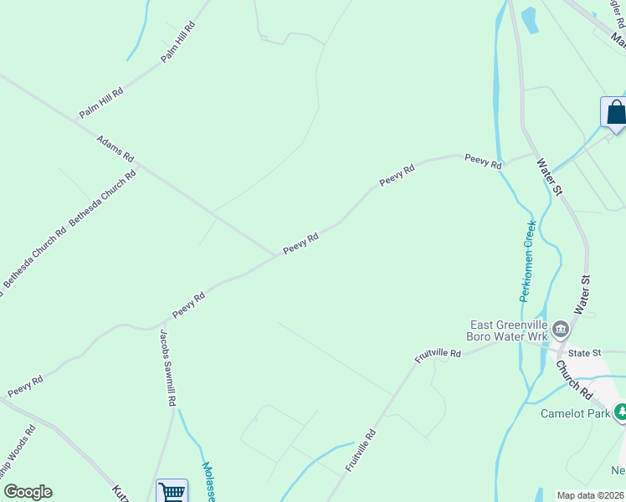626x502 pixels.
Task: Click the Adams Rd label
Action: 115,150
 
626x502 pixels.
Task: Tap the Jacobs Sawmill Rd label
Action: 167,367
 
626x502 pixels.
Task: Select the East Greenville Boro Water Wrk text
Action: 508,330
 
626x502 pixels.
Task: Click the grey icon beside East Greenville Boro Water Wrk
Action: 561,329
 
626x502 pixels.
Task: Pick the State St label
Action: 585,354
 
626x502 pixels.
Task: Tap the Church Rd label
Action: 574,381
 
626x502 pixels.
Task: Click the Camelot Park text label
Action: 575,412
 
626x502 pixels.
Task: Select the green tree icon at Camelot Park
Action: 620,411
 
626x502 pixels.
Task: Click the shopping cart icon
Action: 172,491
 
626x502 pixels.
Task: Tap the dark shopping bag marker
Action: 615,112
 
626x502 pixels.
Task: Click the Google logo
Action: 28,492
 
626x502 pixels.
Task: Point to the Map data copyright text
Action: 590,495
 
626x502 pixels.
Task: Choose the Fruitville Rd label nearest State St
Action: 439,355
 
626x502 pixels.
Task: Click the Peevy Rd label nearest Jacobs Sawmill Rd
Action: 189,305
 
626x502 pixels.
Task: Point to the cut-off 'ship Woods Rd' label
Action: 17,457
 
